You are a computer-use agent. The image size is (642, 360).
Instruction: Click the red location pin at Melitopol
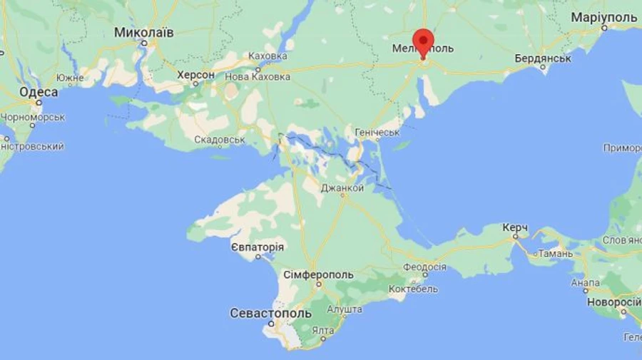(423, 41)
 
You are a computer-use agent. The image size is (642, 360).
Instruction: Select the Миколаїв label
(143, 33)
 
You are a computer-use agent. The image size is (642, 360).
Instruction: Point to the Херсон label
(195, 75)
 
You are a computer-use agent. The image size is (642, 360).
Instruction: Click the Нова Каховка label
(258, 76)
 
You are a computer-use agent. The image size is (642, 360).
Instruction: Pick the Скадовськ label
(220, 140)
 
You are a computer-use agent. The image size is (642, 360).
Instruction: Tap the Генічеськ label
(377, 133)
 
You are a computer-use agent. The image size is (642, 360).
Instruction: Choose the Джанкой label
(342, 188)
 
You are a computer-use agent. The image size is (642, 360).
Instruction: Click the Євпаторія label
(258, 247)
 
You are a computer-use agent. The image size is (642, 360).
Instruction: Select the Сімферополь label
(318, 274)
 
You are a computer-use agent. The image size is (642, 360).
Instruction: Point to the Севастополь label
(270, 313)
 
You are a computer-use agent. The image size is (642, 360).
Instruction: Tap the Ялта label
(323, 330)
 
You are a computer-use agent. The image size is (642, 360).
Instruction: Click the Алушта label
(344, 309)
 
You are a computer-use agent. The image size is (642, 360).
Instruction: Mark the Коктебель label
(413, 289)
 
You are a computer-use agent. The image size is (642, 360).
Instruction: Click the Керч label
(514, 227)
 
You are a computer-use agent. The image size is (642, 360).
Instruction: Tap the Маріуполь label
(603, 16)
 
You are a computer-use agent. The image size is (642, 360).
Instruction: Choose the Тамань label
(556, 253)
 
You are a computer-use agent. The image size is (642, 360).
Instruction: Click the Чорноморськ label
(33, 118)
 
